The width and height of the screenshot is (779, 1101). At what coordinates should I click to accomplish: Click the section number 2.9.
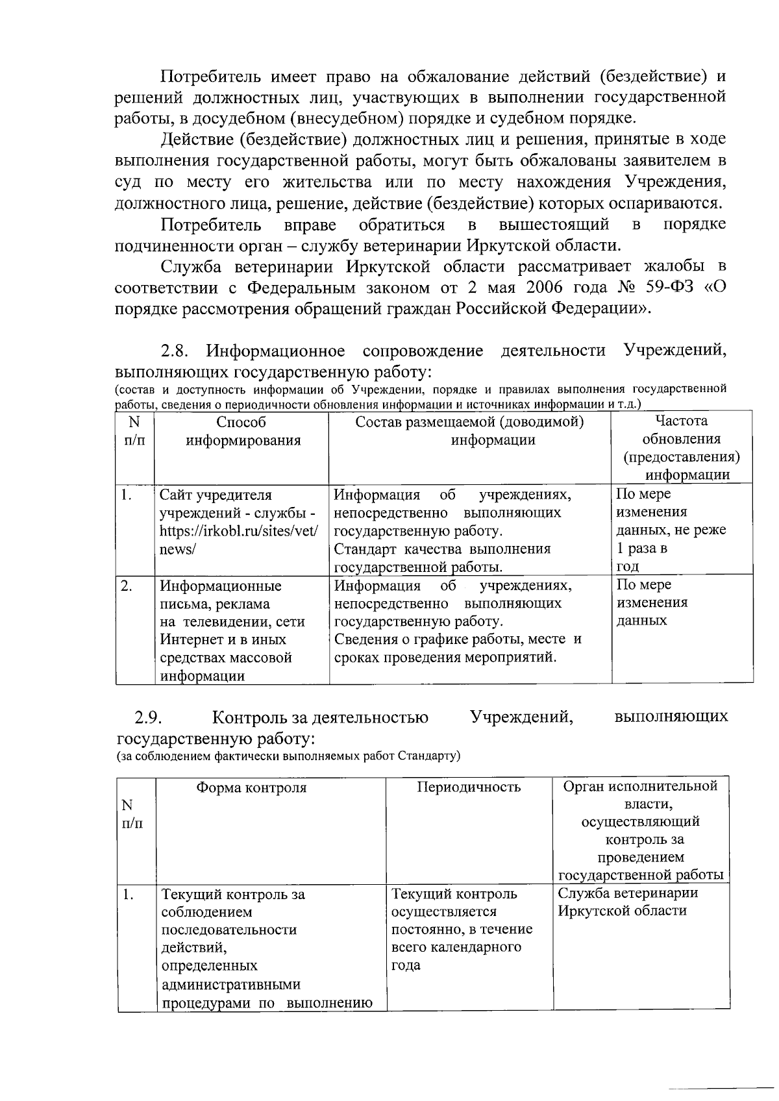tap(148, 717)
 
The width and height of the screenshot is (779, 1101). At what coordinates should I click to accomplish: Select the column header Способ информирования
tap(241, 432)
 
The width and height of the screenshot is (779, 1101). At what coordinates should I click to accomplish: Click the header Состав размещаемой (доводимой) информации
tap(470, 432)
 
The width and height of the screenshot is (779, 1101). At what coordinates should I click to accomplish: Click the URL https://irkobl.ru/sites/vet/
tap(239, 530)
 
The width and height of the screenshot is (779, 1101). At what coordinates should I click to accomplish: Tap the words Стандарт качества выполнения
tap(442, 549)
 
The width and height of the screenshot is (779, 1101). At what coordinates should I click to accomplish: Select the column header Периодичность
tap(469, 788)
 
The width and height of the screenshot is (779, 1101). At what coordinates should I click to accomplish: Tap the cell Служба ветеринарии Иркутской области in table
tap(628, 902)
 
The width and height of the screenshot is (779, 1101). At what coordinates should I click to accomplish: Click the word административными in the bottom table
tap(230, 985)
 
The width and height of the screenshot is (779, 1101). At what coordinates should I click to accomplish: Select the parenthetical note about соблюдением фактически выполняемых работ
tap(288, 757)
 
